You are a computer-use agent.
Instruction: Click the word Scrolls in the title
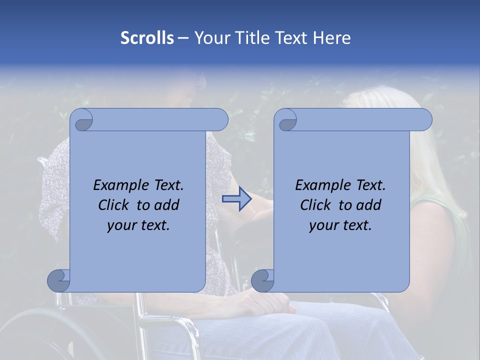point(147,38)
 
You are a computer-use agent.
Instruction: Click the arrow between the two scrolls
point(236,198)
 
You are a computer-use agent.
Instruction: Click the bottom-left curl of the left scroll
point(59,280)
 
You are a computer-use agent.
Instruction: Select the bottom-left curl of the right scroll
point(263,280)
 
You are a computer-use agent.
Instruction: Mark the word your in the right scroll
point(323,225)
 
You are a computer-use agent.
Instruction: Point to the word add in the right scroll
point(369,205)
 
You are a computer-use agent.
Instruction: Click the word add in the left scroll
point(167,205)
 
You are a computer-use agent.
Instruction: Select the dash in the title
point(183,38)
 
